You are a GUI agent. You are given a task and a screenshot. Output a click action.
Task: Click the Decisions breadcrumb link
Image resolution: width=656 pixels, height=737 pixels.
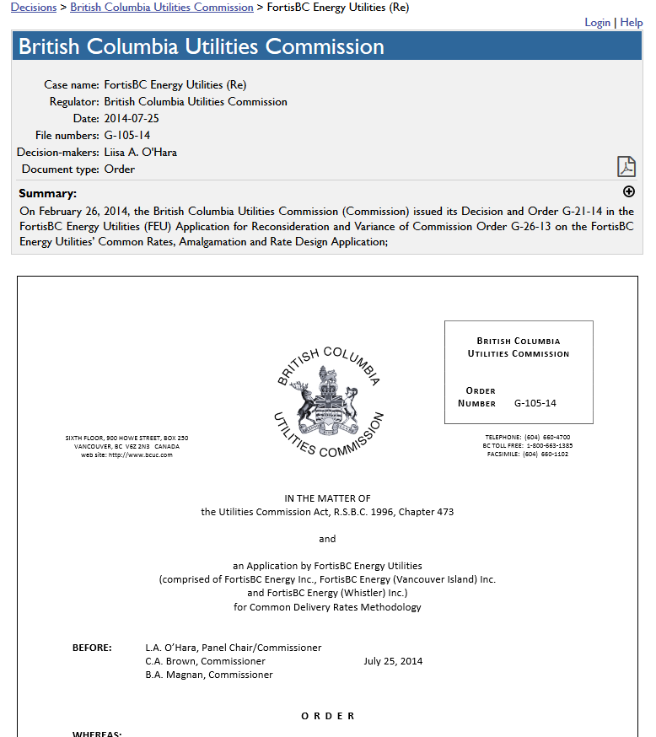coord(33,7)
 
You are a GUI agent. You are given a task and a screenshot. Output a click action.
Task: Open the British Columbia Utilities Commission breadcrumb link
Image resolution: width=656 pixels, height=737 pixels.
coord(161,7)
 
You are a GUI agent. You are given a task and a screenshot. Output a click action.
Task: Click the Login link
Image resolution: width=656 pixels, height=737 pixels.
coord(597,22)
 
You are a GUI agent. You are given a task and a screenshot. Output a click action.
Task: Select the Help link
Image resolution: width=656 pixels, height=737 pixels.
coord(632,22)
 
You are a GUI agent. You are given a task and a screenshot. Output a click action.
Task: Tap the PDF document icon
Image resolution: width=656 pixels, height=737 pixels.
coord(626,166)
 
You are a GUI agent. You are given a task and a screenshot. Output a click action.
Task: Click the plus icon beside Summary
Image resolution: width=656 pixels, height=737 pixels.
coord(628,192)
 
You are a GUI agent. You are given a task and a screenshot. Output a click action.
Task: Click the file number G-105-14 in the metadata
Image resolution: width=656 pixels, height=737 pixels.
coord(127,135)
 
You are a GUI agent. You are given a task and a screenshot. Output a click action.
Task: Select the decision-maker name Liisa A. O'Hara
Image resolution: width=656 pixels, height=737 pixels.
coord(140,152)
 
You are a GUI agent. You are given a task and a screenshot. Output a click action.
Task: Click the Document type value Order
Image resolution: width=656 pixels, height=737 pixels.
coord(119,169)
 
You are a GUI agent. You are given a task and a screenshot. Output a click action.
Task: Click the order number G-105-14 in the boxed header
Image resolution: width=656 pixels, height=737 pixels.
coord(535,403)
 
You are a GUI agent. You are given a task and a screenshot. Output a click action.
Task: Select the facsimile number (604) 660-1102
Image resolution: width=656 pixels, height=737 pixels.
coord(546,454)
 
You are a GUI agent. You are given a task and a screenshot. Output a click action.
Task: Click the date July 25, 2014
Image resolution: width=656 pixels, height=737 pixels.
coord(393,661)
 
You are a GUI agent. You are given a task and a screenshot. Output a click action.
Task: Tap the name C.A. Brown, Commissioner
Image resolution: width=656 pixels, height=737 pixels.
coord(205,661)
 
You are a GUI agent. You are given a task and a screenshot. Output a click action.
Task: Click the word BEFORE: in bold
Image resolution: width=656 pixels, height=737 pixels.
coord(92,648)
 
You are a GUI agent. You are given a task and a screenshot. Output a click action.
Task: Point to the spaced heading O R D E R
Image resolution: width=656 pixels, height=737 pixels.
coord(328,716)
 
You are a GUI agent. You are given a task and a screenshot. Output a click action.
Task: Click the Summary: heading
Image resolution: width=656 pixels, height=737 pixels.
coord(47,193)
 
